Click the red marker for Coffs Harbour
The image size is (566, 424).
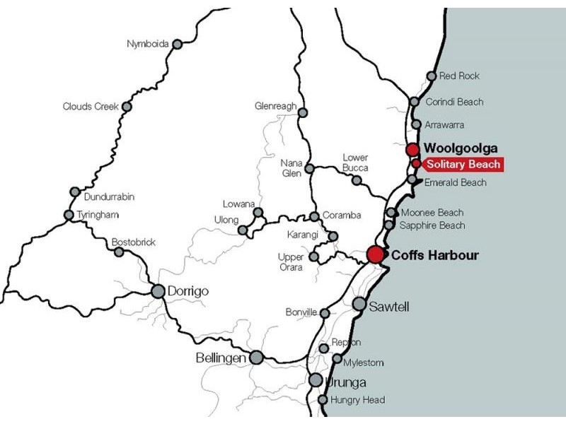[x=375, y=255]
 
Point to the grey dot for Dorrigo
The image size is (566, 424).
[x=158, y=290]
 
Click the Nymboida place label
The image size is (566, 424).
[x=147, y=44]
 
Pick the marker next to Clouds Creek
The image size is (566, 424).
[x=127, y=107]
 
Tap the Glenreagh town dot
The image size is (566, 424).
[x=303, y=112]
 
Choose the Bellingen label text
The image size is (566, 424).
[x=220, y=358]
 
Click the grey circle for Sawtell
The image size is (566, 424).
[x=359, y=304]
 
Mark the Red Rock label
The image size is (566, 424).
[x=459, y=76]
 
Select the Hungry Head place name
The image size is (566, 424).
[x=357, y=400]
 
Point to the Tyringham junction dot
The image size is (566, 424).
[x=69, y=215]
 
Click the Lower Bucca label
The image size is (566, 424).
[x=355, y=163]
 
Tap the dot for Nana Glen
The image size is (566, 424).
[x=309, y=168]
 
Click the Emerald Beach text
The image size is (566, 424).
[x=455, y=182]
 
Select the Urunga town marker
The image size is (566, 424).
[x=316, y=380]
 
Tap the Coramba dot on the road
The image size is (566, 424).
[x=314, y=216]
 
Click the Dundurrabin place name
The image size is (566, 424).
[x=109, y=197]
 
